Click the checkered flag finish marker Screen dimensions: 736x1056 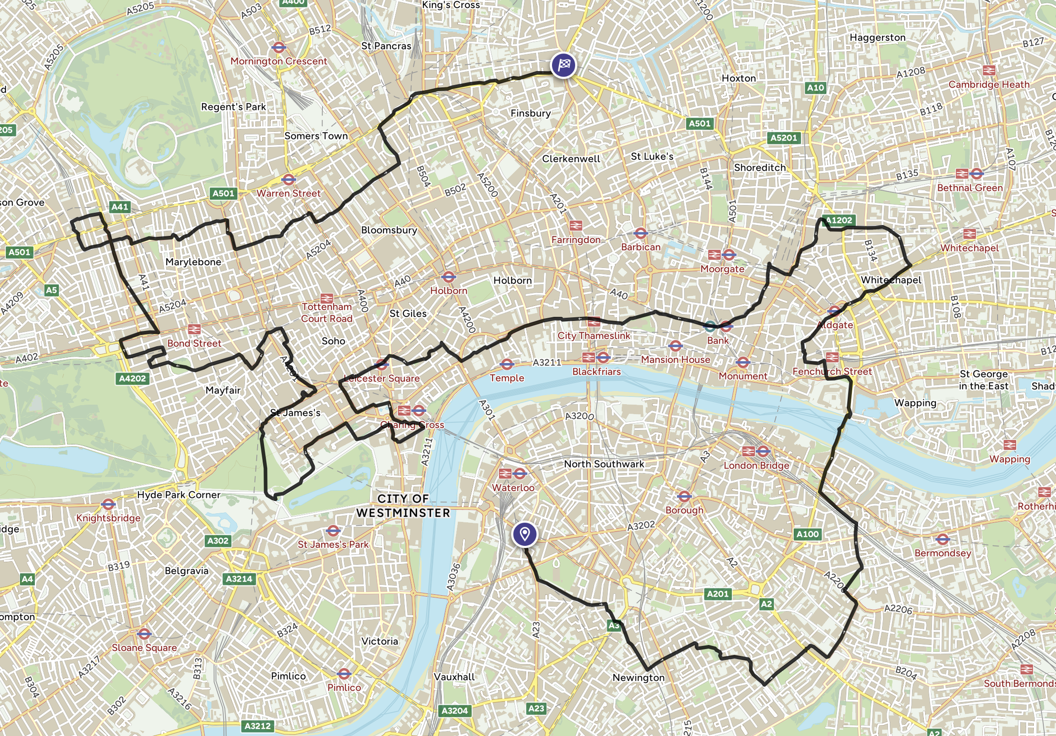pos(563,65)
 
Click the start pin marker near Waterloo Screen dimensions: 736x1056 pos(524,534)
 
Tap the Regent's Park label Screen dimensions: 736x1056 pos(233,107)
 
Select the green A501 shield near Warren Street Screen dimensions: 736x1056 pos(223,194)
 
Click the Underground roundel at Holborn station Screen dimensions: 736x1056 pos(448,277)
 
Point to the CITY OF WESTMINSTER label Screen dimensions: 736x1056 pos(403,506)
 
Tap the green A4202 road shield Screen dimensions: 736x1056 pos(132,378)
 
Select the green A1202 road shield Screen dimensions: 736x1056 pos(839,220)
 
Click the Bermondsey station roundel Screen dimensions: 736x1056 pos(942,539)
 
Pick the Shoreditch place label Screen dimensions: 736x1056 pos(759,168)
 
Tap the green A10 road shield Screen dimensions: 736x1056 pos(816,87)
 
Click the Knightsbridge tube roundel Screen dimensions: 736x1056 pos(108,504)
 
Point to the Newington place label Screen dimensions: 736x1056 pos(638,678)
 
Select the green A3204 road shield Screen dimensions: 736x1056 pos(454,711)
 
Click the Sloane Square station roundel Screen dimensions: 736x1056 pos(144,635)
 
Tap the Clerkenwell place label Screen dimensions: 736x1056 pos(571,159)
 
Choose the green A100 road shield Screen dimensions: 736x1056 pos(808,534)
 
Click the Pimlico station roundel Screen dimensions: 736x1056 pos(344,674)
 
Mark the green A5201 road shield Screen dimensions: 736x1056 pos(783,138)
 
